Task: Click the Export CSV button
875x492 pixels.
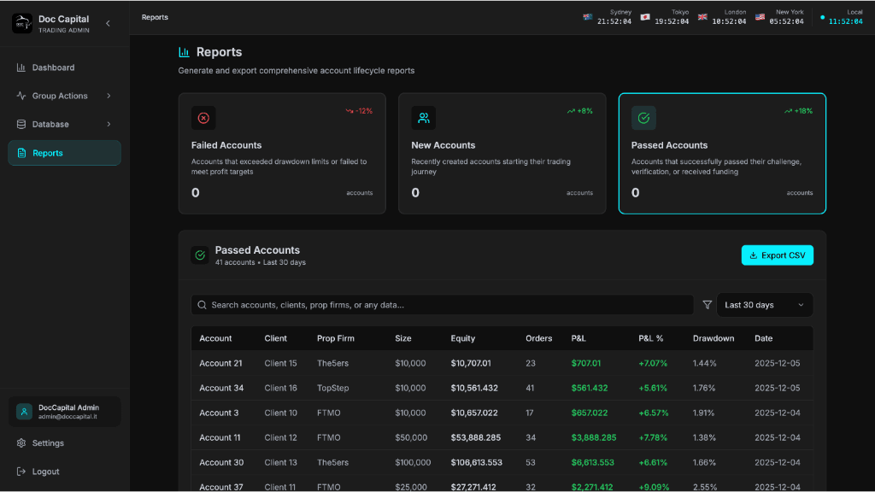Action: (778, 255)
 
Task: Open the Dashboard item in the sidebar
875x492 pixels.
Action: (53, 67)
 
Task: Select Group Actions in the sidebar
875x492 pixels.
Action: (60, 96)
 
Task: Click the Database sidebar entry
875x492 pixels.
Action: (50, 124)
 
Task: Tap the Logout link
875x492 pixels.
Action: (45, 471)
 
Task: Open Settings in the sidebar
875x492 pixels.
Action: (48, 443)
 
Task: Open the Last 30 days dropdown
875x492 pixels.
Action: (764, 305)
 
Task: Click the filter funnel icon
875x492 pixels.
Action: (707, 305)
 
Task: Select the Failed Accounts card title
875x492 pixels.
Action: (226, 145)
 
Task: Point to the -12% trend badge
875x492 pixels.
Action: (359, 111)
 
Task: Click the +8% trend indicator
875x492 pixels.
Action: (579, 111)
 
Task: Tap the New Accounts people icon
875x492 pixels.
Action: (423, 118)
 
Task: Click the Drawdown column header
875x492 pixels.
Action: (714, 338)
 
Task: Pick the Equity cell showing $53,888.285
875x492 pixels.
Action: (476, 437)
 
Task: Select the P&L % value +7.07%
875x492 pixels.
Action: (653, 363)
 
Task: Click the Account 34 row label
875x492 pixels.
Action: (221, 388)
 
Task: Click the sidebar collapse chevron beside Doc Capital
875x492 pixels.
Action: (108, 23)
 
